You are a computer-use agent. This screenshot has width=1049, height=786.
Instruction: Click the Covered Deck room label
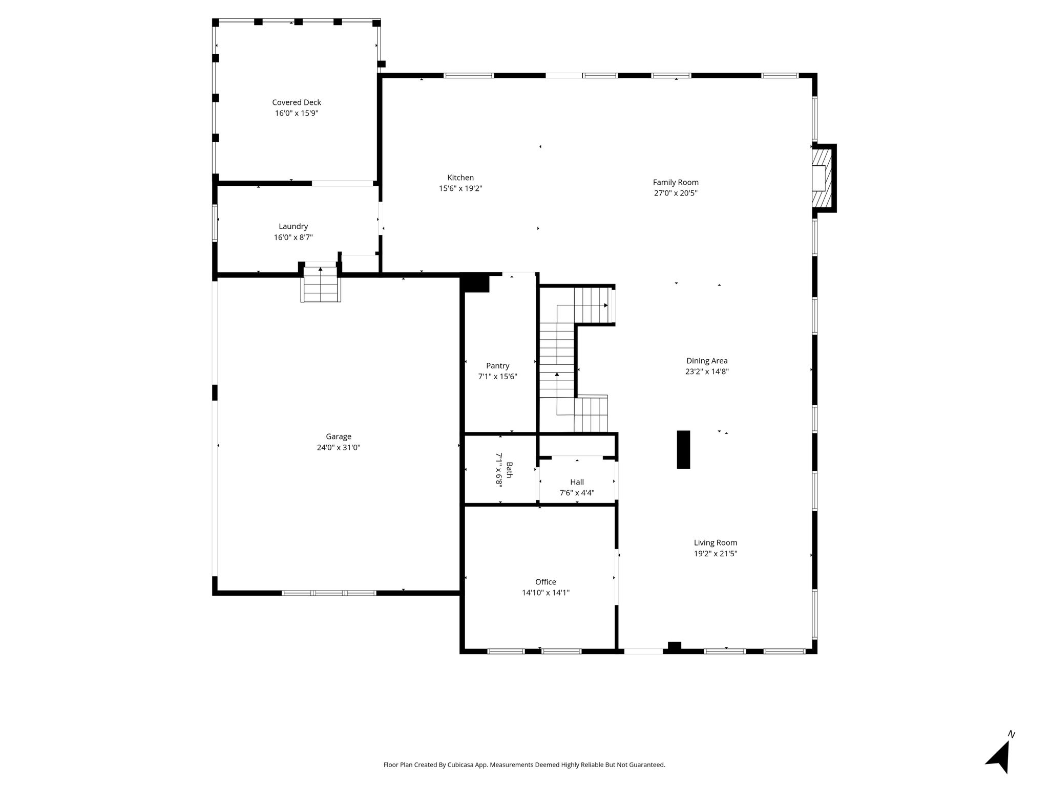[x=297, y=102]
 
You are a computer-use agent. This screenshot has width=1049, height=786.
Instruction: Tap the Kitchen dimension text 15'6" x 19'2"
[x=460, y=188]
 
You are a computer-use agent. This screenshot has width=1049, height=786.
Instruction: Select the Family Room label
[x=676, y=182]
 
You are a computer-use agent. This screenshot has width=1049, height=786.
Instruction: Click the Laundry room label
[x=293, y=227]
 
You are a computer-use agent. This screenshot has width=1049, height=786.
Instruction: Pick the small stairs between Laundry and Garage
[x=321, y=284]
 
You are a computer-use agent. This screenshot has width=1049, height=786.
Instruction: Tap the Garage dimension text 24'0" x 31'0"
[x=339, y=447]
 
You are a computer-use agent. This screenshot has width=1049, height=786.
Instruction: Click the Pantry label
[x=498, y=366]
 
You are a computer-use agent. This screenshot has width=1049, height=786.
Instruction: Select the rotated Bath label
[x=509, y=470]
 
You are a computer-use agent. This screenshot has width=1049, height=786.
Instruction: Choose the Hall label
[x=577, y=482]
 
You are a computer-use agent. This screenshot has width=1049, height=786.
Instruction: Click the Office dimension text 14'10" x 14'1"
[x=546, y=593]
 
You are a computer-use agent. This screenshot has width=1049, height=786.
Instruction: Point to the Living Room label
[x=716, y=542]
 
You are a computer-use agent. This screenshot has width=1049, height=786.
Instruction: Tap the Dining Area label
[x=707, y=361]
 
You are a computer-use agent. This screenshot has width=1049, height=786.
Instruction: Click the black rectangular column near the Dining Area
[x=683, y=449]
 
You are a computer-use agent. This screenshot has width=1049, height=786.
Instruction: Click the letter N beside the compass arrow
[x=1011, y=734]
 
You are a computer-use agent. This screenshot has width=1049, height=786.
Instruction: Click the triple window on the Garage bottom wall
[x=329, y=593]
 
